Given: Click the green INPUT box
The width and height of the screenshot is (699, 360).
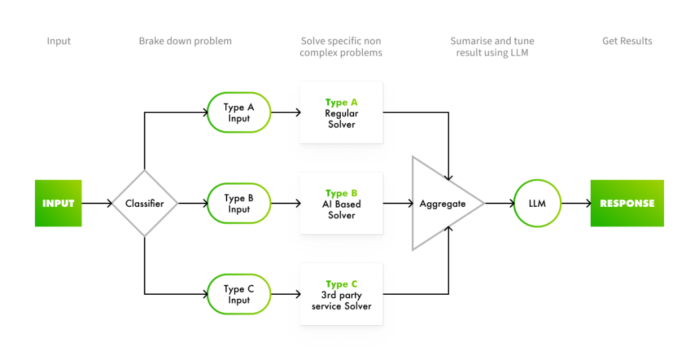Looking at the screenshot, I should click(58, 203).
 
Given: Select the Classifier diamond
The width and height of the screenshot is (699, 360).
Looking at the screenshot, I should click(145, 203).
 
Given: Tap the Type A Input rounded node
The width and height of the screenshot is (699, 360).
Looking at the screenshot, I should click(239, 113).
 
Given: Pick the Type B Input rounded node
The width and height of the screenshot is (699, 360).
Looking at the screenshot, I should click(239, 204).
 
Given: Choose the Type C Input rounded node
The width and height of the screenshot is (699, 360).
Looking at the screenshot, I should click(239, 294).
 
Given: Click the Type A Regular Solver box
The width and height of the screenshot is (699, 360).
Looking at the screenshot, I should click(341, 113).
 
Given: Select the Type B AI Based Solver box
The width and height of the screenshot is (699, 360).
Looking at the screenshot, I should click(341, 204).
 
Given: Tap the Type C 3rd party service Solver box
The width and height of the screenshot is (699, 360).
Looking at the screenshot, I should click(341, 294).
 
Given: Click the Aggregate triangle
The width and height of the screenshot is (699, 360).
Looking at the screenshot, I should click(440, 204).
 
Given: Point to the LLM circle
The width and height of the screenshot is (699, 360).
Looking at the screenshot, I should click(537, 203).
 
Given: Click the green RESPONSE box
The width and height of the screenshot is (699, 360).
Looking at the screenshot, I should click(626, 203).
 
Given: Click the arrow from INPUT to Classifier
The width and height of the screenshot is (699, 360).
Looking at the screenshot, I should click(97, 203).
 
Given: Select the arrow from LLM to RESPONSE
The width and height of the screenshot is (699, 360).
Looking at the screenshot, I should click(575, 203).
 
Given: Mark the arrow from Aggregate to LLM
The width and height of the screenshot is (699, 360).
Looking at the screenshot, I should click(498, 203).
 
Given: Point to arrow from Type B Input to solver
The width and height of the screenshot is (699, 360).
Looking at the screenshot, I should click(286, 204).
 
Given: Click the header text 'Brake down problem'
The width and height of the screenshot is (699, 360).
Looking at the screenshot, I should click(185, 41).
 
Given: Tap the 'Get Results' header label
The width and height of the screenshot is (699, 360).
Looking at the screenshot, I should click(626, 41).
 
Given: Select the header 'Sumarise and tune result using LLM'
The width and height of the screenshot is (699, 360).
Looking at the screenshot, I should click(492, 46).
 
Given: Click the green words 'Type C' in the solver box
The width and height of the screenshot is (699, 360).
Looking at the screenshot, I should click(341, 284).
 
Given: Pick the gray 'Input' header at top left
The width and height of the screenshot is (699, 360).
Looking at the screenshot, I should click(58, 41).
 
